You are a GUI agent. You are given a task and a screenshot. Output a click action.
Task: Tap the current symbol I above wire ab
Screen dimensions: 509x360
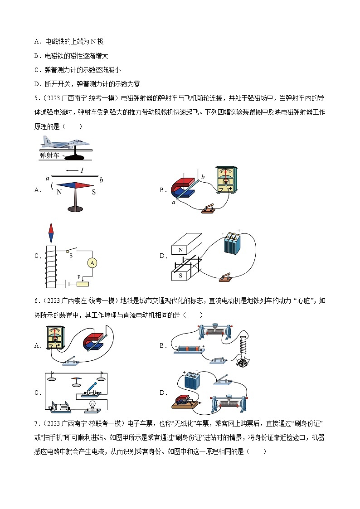(82, 170)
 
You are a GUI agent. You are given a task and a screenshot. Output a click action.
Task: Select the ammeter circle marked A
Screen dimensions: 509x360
(92, 262)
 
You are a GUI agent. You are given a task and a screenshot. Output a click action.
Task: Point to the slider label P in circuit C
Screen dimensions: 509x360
(78, 277)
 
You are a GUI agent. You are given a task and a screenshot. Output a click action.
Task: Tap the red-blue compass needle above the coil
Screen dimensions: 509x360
(51, 233)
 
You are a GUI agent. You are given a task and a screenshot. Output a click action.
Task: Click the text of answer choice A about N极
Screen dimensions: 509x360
(69, 42)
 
